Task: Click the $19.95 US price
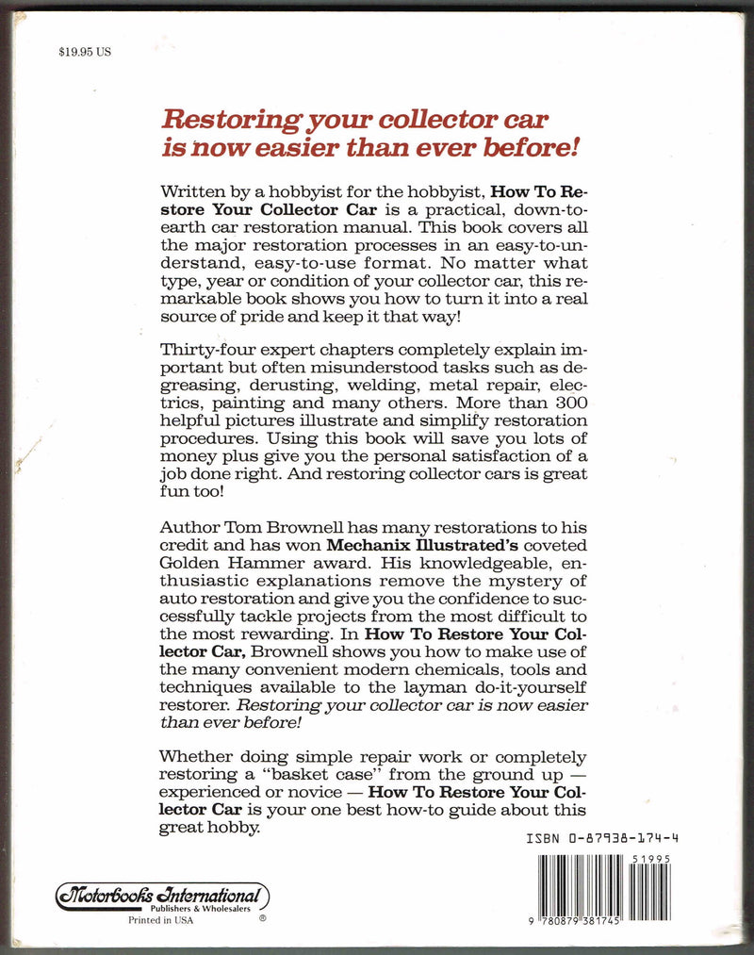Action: (x=85, y=53)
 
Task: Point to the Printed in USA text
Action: (x=160, y=921)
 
